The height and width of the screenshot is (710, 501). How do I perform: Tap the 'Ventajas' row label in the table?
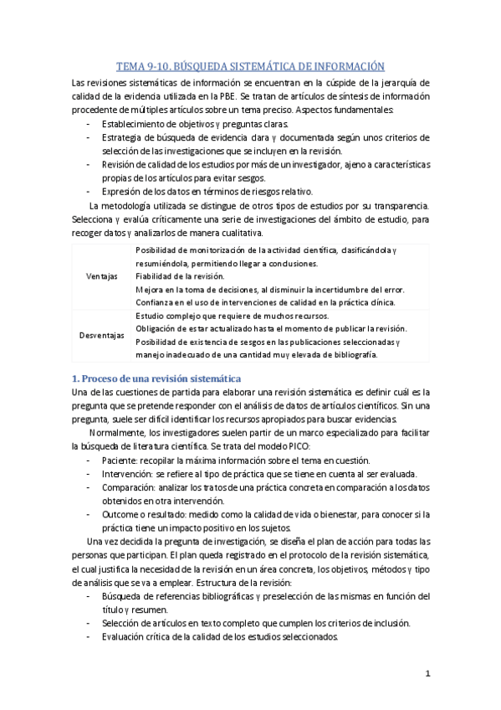tap(102, 275)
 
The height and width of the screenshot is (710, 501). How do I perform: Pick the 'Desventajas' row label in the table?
tap(102, 335)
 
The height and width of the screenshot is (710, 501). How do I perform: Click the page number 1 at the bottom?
tap(427, 673)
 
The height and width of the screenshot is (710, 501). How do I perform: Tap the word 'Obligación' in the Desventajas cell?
tap(156, 328)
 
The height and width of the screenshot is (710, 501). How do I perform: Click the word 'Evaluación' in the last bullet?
tap(125, 635)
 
